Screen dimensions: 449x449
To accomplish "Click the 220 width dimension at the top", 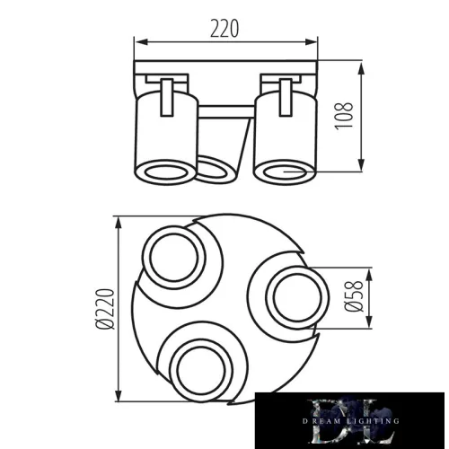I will tap(225, 28).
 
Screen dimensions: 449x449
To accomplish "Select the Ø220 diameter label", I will tap(104, 311).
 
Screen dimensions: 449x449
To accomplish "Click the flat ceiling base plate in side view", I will tap(225, 68).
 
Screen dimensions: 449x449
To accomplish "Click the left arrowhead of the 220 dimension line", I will tap(137, 42).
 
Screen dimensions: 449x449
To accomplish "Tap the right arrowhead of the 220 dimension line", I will tap(315, 42).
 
